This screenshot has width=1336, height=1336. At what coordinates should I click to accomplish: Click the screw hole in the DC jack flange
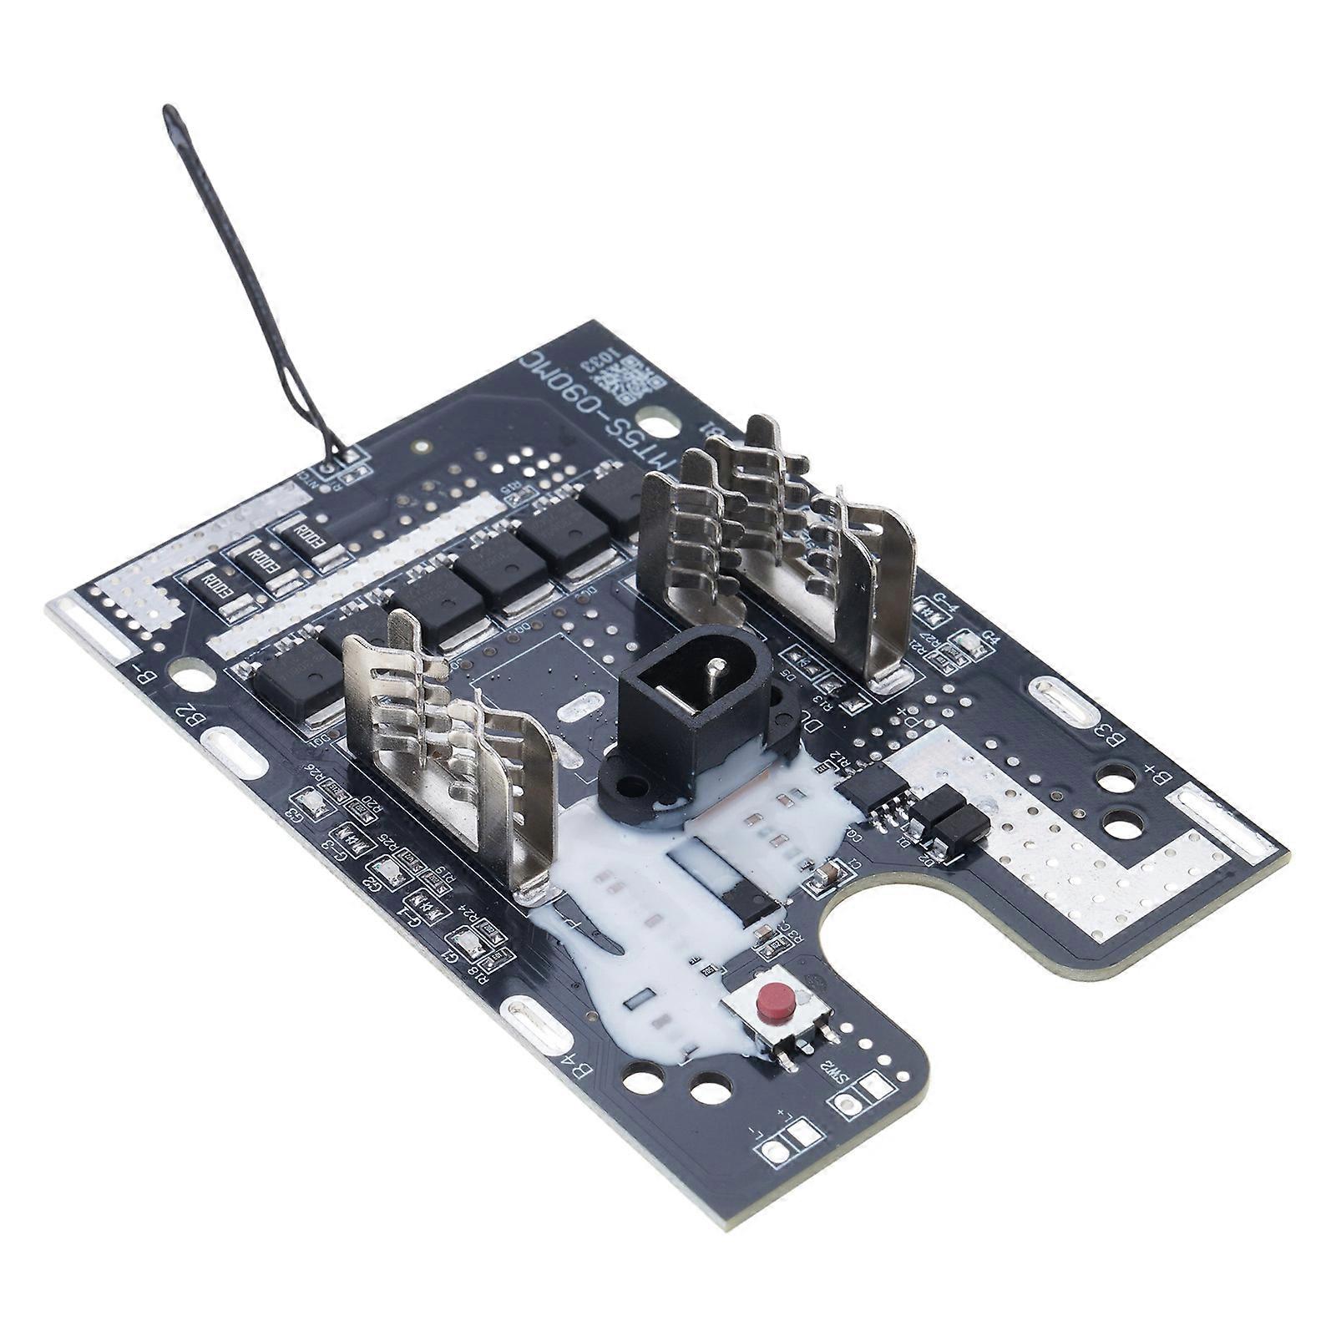632,786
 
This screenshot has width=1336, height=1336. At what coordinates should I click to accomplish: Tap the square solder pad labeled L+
804,1133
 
